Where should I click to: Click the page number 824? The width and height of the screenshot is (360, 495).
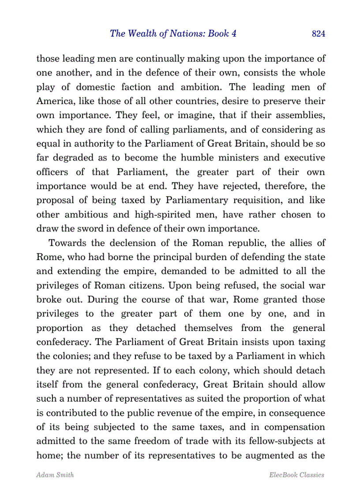pyautogui.click(x=318, y=34)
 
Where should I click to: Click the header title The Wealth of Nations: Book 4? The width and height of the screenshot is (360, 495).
pyautogui.click(x=172, y=33)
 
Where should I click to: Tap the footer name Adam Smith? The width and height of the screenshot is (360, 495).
pyautogui.click(x=55, y=475)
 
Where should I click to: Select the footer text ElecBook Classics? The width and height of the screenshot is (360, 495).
pyautogui.click(x=296, y=475)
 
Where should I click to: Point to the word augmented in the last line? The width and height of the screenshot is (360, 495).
pyautogui.click(x=262, y=455)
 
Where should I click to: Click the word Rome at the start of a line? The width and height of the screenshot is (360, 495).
pyautogui.click(x=46, y=257)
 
